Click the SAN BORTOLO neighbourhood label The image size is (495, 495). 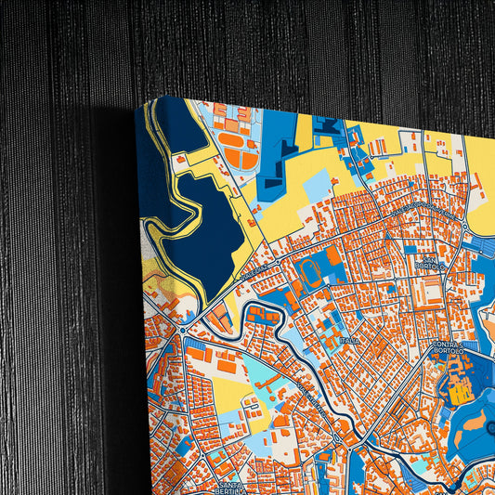click(x=431, y=263)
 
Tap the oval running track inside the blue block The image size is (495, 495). click(x=310, y=272)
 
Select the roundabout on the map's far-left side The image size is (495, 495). click(x=183, y=329)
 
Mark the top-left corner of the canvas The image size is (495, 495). click(x=138, y=104)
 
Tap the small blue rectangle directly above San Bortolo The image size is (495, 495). click(x=410, y=249)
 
